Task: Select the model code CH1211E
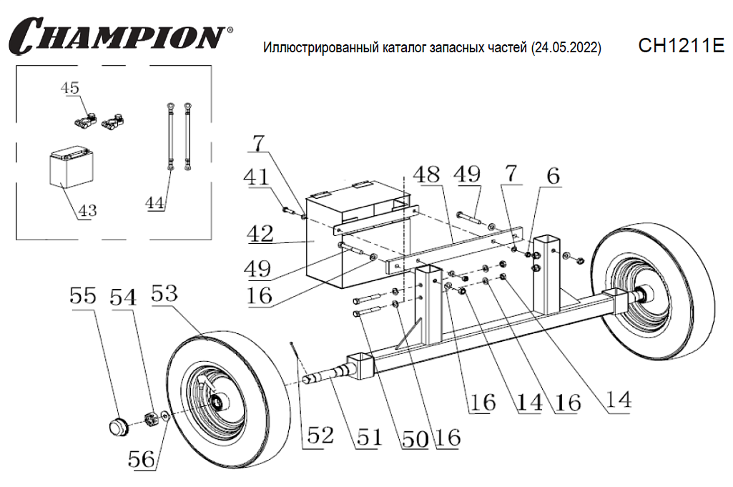pos(680,46)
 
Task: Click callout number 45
pos(70,88)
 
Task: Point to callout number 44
pos(156,203)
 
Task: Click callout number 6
pos(554,177)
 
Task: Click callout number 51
pos(369,438)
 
